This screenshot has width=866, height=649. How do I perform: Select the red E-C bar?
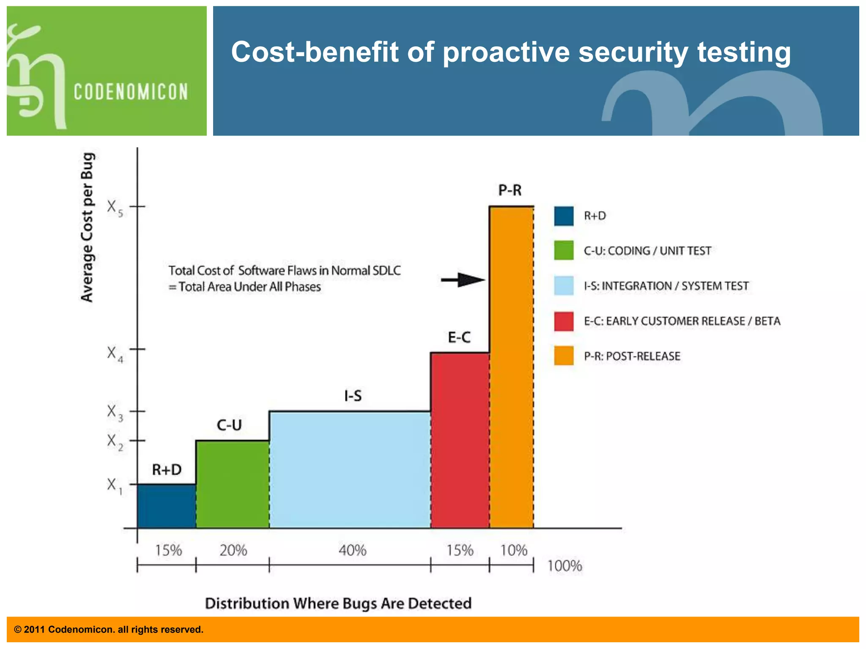(x=460, y=440)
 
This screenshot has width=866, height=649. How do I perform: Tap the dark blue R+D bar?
(x=166, y=506)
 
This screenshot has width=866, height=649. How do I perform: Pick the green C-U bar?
(x=232, y=484)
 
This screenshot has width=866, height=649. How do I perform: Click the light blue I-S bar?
(x=350, y=469)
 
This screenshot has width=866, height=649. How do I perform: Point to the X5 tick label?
(x=115, y=208)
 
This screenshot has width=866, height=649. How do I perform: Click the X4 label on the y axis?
(x=115, y=354)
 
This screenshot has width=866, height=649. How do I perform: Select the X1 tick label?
(x=114, y=485)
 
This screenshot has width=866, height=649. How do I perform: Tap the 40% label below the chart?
(x=352, y=550)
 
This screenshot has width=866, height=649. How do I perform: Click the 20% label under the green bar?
(x=233, y=550)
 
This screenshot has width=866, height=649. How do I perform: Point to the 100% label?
(x=565, y=566)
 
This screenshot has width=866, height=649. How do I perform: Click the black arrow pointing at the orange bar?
(x=463, y=280)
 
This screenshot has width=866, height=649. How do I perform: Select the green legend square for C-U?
(x=564, y=251)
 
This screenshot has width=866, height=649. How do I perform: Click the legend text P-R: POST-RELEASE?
(x=632, y=356)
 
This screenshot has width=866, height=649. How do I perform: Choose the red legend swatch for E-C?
(x=564, y=321)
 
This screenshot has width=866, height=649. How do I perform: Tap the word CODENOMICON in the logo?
(x=131, y=92)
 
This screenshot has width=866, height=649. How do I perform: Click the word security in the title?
(x=633, y=52)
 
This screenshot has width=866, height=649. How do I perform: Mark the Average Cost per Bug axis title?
(x=87, y=227)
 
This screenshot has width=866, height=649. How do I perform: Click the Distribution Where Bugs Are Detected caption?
(x=338, y=603)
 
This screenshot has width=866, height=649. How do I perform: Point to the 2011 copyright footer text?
(x=109, y=630)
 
